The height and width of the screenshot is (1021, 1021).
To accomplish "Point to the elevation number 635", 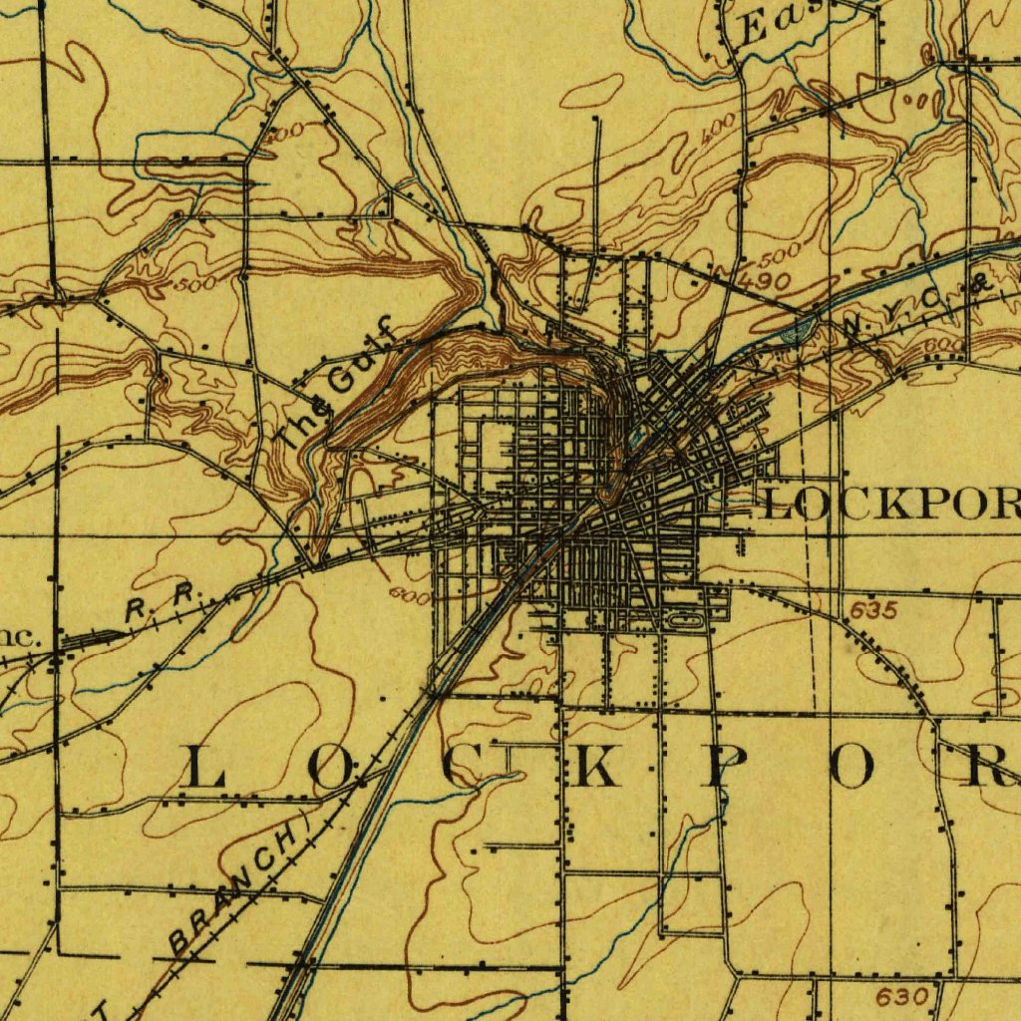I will pyautogui.click(x=874, y=609).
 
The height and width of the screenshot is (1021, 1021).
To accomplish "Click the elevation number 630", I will pyautogui.click(x=904, y=996).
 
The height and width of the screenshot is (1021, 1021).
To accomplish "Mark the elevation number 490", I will pyautogui.click(x=767, y=282).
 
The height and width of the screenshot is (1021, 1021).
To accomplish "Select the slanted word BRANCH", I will pyautogui.click(x=235, y=886).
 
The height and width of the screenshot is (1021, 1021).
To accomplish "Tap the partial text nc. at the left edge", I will pyautogui.click(x=20, y=638).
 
